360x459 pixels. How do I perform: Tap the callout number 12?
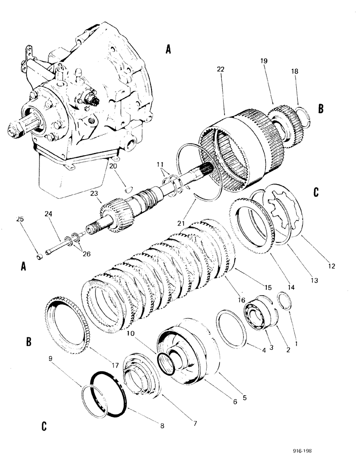click(332, 265)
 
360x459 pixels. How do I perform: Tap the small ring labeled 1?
click(284, 302)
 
